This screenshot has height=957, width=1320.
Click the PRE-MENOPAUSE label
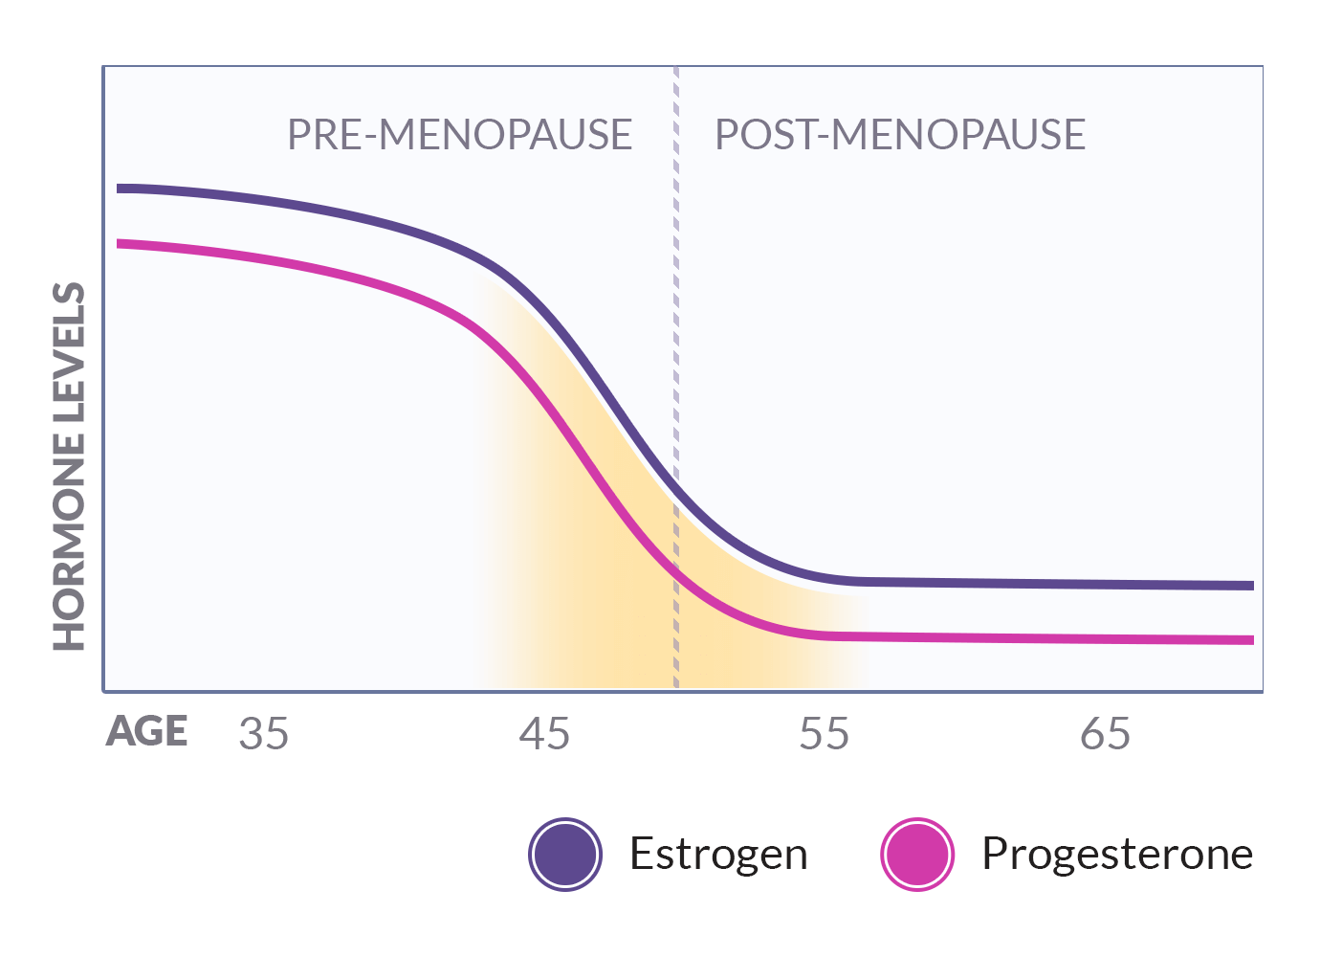459,135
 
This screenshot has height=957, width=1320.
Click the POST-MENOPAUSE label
900,135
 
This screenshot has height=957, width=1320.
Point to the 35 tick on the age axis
264,734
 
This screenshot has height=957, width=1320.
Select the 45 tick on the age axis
544,734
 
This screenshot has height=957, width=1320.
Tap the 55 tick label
825,734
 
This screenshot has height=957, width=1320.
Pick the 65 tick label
1105,734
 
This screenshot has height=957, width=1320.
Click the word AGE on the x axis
146,732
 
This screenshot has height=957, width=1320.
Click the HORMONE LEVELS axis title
69,466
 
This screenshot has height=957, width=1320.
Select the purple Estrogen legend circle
565,855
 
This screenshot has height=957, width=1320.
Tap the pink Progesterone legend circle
917,855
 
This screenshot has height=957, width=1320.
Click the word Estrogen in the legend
718,854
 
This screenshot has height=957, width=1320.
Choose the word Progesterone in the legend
1117,854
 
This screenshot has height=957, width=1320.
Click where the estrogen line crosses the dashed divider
676,491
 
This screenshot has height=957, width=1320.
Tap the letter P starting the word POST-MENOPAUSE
726,135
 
